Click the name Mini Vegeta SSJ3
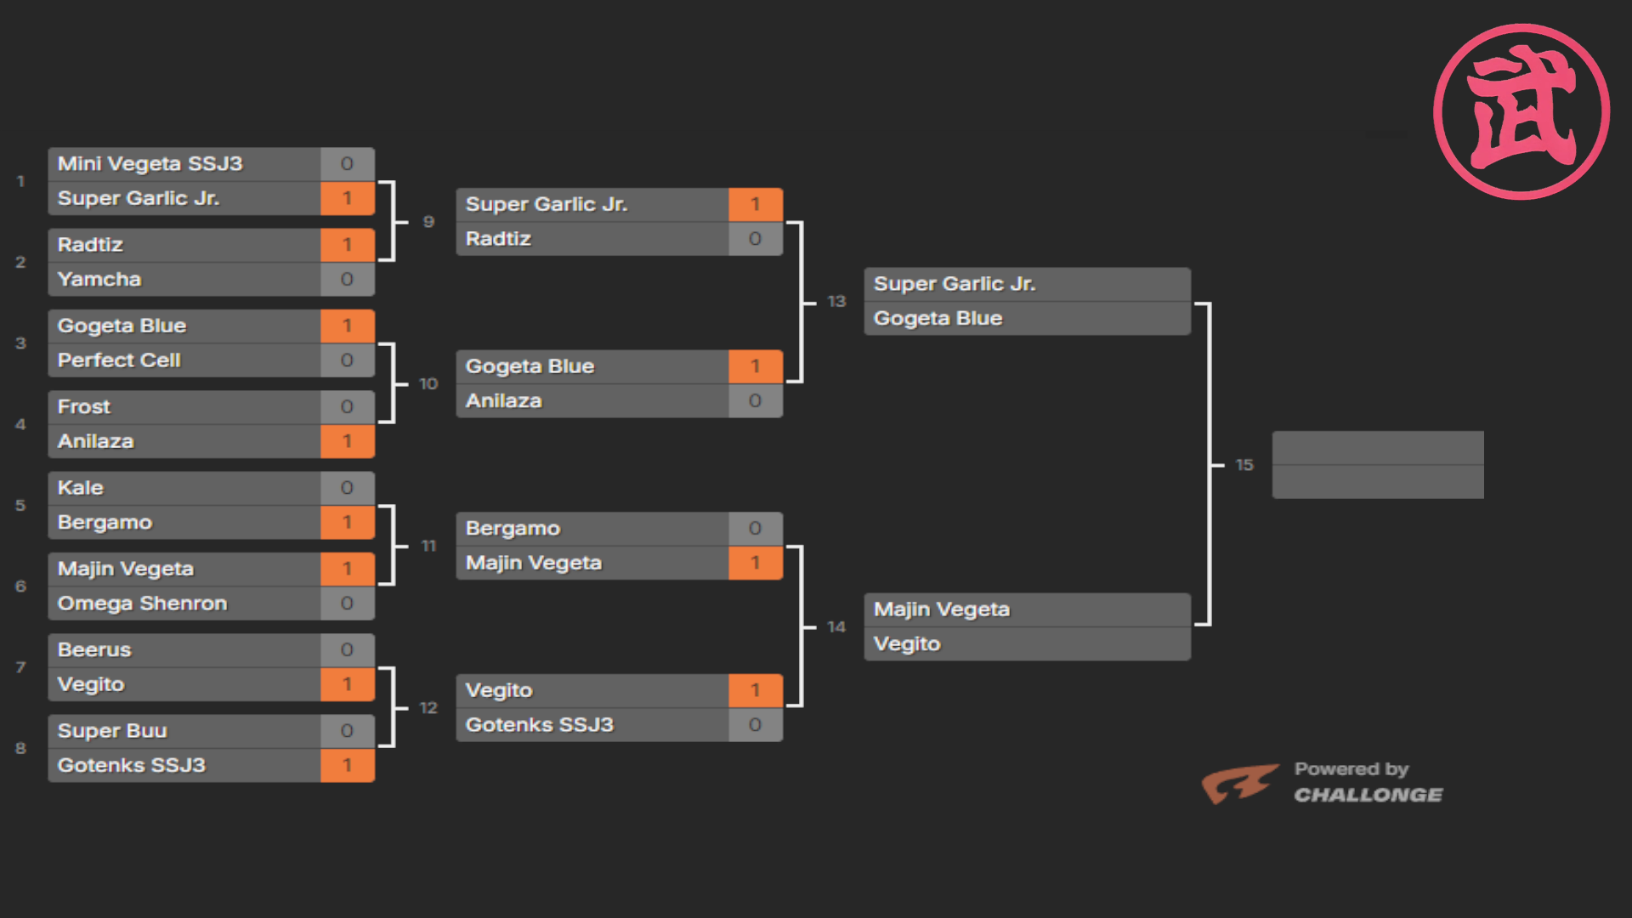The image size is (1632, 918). [150, 163]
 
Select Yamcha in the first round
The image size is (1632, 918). [99, 279]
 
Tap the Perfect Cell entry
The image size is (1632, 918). [119, 360]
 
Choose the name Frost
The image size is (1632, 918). [84, 406]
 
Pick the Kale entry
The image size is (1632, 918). [81, 487]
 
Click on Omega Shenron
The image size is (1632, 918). [143, 603]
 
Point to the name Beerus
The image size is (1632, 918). [94, 649]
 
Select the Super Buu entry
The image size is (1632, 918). [112, 730]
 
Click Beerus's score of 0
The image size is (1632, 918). [347, 650]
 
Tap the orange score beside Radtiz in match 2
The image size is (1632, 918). [347, 245]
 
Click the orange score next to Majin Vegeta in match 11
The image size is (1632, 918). [755, 563]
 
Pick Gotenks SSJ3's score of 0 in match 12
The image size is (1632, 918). [755, 725]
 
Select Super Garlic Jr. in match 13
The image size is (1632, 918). [955, 284]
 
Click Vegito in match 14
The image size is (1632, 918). [907, 643]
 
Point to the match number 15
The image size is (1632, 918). [1244, 465]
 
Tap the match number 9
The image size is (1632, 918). [428, 222]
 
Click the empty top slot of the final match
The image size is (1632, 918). [1378, 448]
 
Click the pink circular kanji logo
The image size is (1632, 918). [1521, 111]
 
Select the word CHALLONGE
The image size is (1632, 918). [1368, 795]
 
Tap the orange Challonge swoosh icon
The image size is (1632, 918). [1239, 783]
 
